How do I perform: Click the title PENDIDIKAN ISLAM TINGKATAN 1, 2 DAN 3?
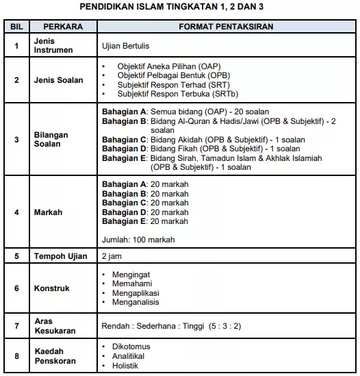click(180, 7)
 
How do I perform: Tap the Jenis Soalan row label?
click(59, 80)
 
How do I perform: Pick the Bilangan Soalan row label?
click(52, 140)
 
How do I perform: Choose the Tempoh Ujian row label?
click(60, 256)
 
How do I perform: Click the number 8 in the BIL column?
click(16, 356)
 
